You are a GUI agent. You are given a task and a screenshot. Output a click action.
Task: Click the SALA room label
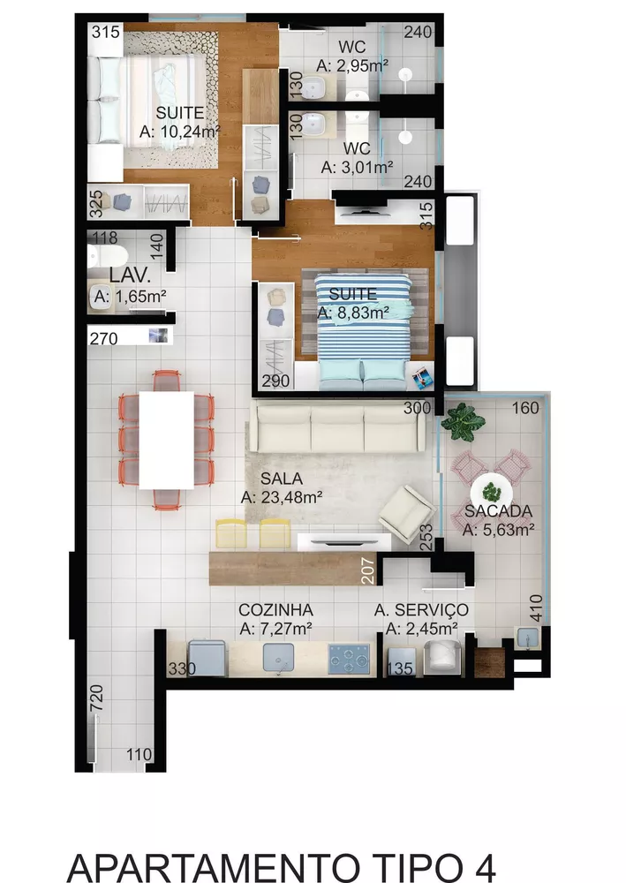279,478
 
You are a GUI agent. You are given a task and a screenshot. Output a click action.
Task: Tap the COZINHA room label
275,610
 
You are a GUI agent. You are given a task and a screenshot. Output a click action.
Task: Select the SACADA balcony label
498,511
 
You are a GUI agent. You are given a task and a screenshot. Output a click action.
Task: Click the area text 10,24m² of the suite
180,131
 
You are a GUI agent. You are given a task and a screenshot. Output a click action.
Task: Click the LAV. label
128,275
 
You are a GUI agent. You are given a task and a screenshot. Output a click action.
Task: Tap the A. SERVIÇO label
421,610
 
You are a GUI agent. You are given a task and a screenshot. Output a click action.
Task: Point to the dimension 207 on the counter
368,572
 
